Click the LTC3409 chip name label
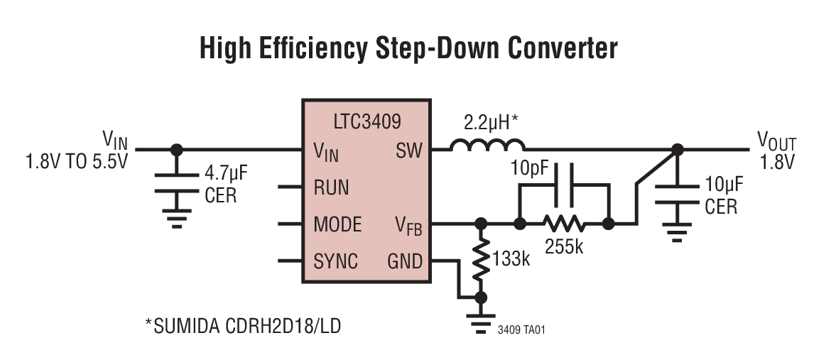[366, 121]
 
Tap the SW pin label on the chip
[407, 151]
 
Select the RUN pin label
[331, 187]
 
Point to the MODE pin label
[337, 224]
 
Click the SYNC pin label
[335, 261]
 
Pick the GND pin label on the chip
[405, 261]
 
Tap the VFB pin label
[408, 225]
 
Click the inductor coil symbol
[487, 146]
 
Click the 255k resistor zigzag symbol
[564, 224]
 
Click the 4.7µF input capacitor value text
[225, 173]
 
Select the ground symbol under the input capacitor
[176, 217]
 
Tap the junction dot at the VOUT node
[678, 150]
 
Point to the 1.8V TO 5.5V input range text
[76, 162]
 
